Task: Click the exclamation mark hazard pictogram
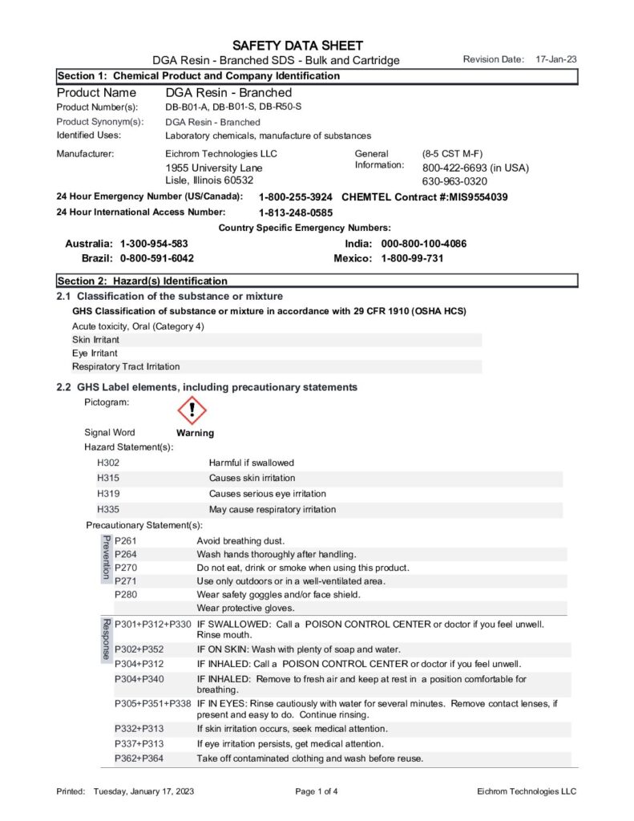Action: tap(192, 411)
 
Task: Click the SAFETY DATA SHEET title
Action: tap(297, 46)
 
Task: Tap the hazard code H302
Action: tap(108, 463)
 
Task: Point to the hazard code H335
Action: tap(108, 509)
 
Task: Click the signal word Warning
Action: tap(195, 433)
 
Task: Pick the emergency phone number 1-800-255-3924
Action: tap(295, 197)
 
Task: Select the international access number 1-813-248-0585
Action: tap(295, 212)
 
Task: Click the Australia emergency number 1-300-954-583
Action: tap(154, 244)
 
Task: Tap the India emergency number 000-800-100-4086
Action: tap(423, 244)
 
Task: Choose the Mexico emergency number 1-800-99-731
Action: tap(412, 258)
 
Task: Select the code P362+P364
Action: tap(139, 758)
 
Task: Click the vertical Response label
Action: tap(105, 639)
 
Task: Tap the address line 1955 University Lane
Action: tap(214, 168)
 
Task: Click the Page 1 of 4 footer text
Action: tap(317, 791)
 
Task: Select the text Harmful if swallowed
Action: tap(252, 463)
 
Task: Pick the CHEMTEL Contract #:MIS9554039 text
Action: tap(424, 197)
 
